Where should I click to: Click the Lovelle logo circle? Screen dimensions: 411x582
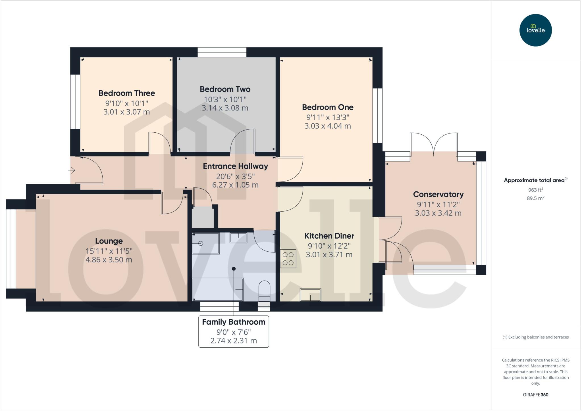pyautogui.click(x=535, y=30)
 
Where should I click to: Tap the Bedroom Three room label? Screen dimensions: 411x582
pyautogui.click(x=127, y=93)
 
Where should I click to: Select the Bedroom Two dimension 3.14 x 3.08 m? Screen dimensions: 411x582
pyautogui.click(x=225, y=108)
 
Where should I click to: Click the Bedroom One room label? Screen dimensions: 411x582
pyautogui.click(x=328, y=107)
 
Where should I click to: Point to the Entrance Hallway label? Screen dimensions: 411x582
pyautogui.click(x=235, y=166)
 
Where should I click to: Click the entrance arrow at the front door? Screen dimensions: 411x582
pyautogui.click(x=72, y=170)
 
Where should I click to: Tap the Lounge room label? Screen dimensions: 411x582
pyautogui.click(x=109, y=241)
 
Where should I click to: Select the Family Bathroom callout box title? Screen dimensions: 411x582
pyautogui.click(x=234, y=322)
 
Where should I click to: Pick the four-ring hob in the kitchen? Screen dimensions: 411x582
pyautogui.click(x=288, y=258)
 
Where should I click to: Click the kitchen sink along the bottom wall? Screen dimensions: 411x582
pyautogui.click(x=310, y=295)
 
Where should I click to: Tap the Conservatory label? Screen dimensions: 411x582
pyautogui.click(x=438, y=195)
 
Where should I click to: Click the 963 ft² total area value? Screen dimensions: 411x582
pyautogui.click(x=535, y=190)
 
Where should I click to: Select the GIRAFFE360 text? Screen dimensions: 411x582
pyautogui.click(x=535, y=395)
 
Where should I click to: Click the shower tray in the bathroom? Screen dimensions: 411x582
pyautogui.click(x=206, y=243)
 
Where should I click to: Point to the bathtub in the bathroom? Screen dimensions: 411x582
pyautogui.click(x=218, y=289)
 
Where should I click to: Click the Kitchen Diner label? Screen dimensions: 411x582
pyautogui.click(x=329, y=236)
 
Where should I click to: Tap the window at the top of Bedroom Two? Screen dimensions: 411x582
pyautogui.click(x=222, y=52)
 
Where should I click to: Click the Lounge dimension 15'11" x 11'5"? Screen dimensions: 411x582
pyautogui.click(x=109, y=251)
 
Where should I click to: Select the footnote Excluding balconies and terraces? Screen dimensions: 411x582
pyautogui.click(x=535, y=337)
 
